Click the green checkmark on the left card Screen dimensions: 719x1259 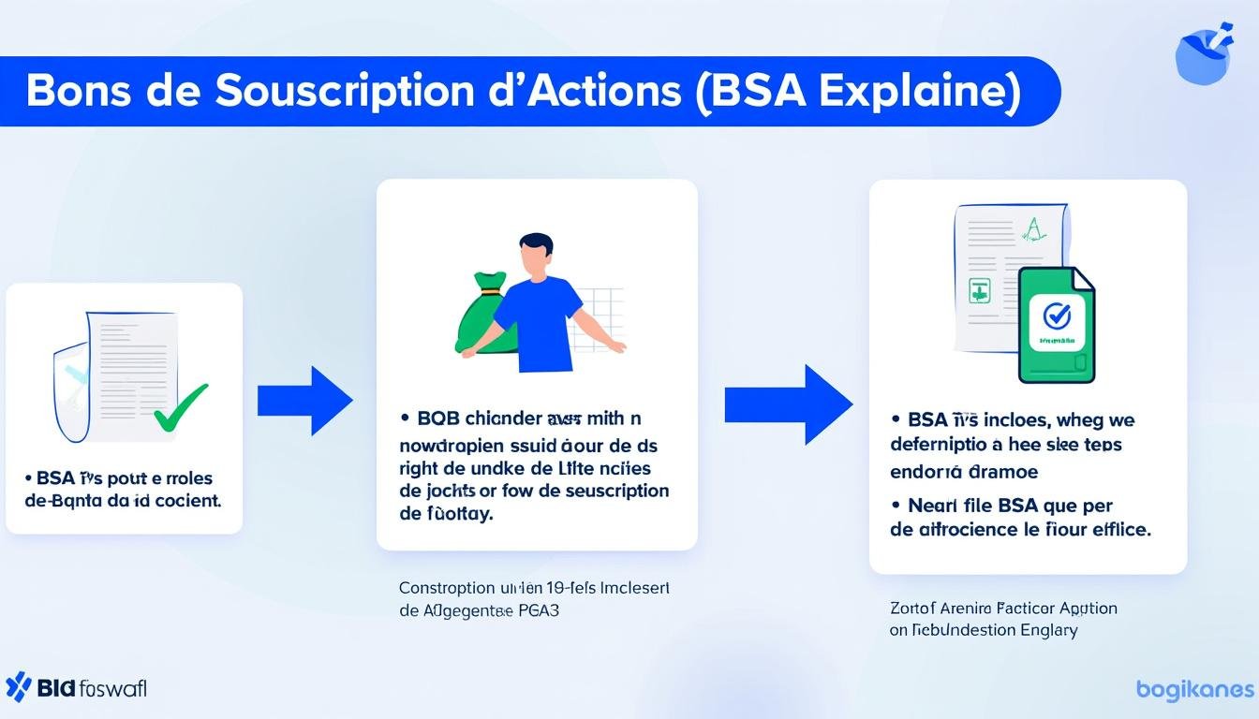tap(180, 407)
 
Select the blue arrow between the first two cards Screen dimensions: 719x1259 tap(304, 401)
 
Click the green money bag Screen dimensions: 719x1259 tap(486, 315)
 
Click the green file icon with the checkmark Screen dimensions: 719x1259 tap(1056, 324)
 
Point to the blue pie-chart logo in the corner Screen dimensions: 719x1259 tap(1203, 54)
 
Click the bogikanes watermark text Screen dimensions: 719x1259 tap(1194, 690)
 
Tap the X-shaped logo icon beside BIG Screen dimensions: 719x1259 tap(18, 687)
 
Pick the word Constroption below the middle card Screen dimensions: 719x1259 tap(446, 588)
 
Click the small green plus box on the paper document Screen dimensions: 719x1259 tap(979, 290)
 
